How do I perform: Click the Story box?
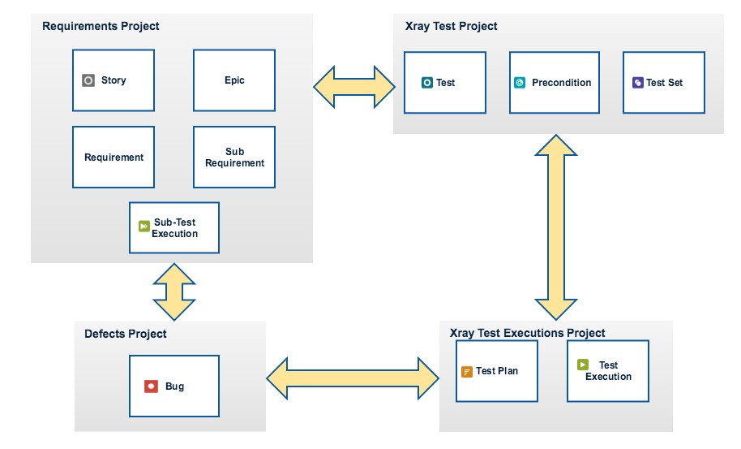[x=114, y=80]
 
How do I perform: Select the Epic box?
[x=234, y=80]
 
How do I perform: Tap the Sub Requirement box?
[x=234, y=157]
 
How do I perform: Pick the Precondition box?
[x=555, y=83]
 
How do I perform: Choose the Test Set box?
[x=664, y=83]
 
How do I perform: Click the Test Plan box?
[x=497, y=371]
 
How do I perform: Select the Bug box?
[x=174, y=386]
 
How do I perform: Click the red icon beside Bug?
[x=152, y=386]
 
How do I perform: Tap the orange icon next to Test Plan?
[x=467, y=371]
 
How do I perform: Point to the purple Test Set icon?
[x=638, y=83]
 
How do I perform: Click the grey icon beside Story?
[x=88, y=80]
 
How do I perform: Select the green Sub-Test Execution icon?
[x=144, y=227]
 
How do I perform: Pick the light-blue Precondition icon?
[x=520, y=83]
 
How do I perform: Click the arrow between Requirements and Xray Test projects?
[x=354, y=87]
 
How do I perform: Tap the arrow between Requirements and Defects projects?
[x=174, y=292]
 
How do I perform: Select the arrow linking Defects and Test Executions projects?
[x=353, y=378]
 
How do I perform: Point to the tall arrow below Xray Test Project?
[x=556, y=227]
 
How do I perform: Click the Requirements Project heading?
[x=101, y=26]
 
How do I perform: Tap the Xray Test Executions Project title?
[x=528, y=333]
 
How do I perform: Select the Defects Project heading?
[x=125, y=334]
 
